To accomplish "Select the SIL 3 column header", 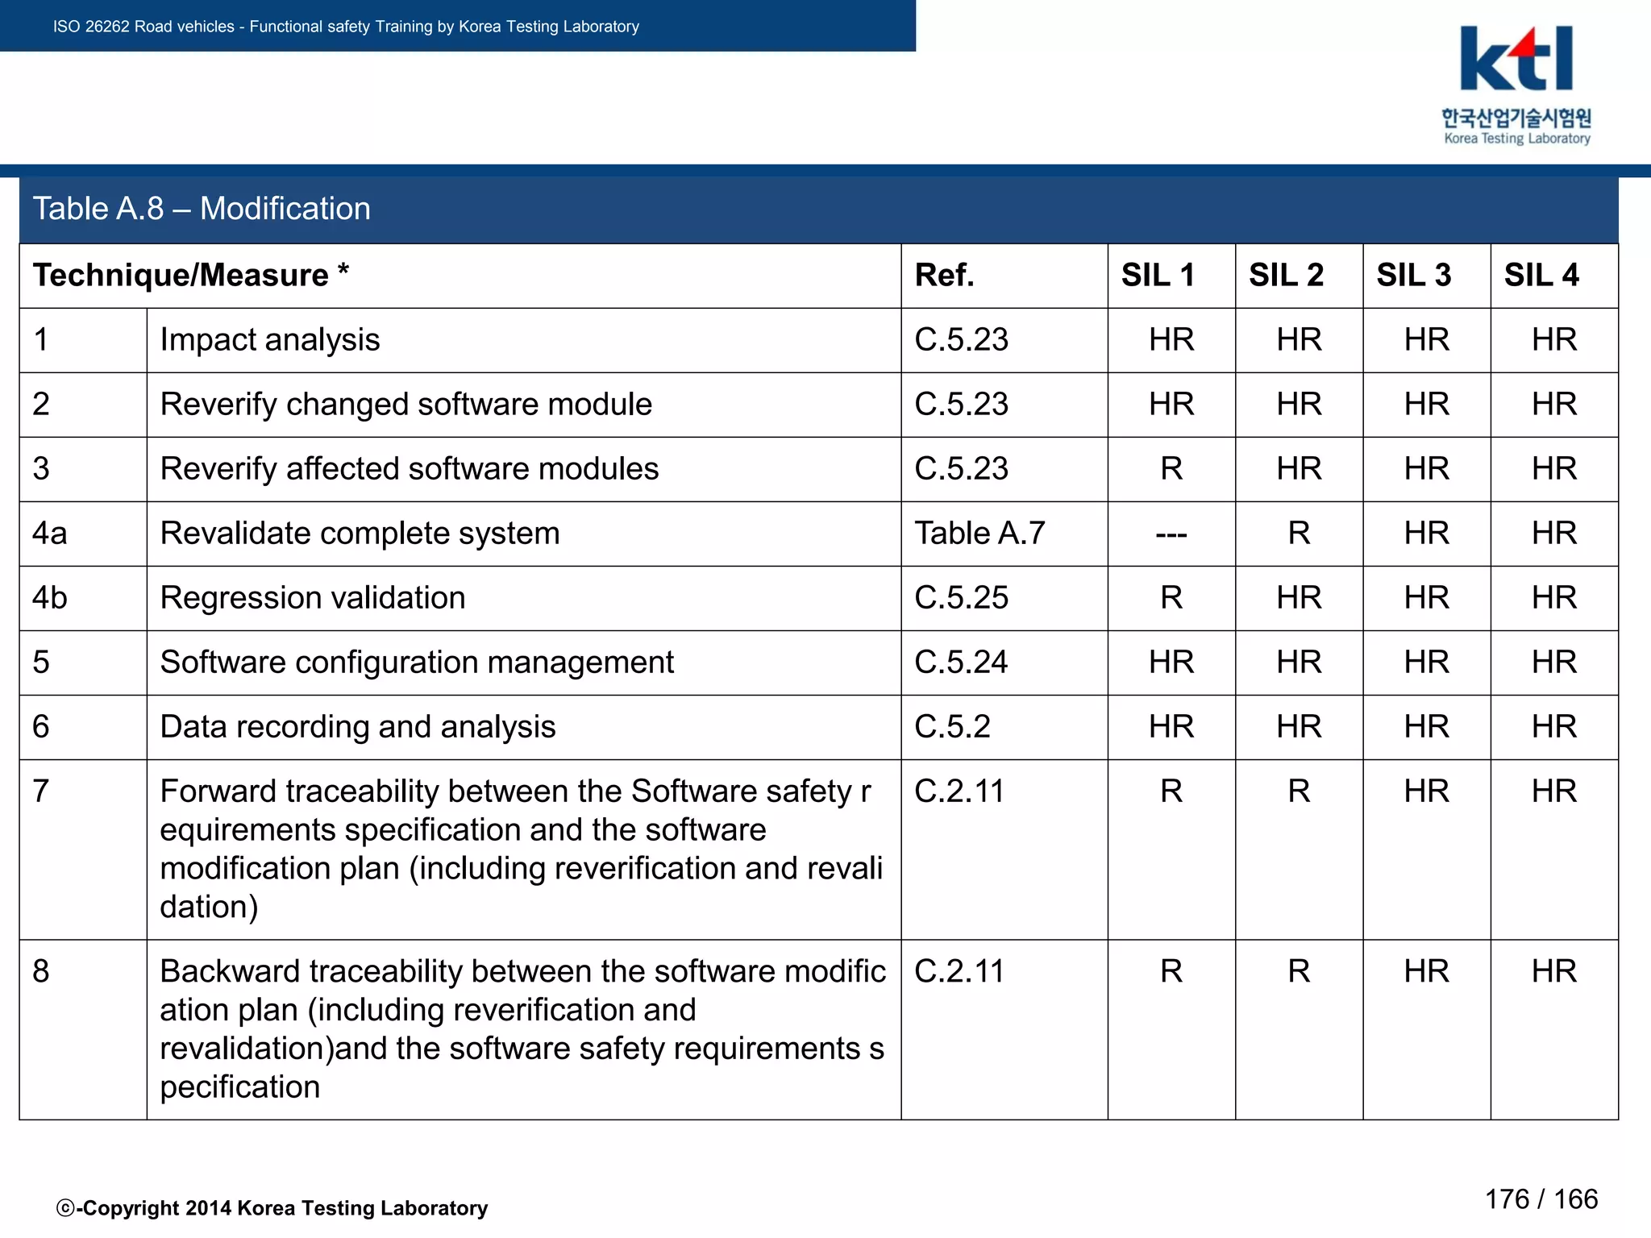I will tap(1413, 276).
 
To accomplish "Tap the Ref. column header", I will tap(944, 276).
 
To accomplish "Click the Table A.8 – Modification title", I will tap(202, 209).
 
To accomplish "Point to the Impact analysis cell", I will tap(270, 340).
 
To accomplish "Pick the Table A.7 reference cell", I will tap(979, 534).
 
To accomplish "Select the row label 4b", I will tap(50, 598).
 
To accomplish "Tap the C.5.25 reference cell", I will tap(961, 598).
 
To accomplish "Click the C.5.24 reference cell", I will tap(961, 663).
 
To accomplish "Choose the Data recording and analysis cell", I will tap(358, 727).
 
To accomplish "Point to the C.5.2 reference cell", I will tap(952, 727).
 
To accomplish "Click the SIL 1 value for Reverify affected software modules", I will tap(1171, 469).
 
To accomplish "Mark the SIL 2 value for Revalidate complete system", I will tap(1299, 534).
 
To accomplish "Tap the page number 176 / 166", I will tap(1541, 1199).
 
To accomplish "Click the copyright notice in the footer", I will tap(272, 1208).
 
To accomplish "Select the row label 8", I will tap(41, 971).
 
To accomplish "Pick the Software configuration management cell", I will tap(417, 663).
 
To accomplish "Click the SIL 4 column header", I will tap(1541, 276).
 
